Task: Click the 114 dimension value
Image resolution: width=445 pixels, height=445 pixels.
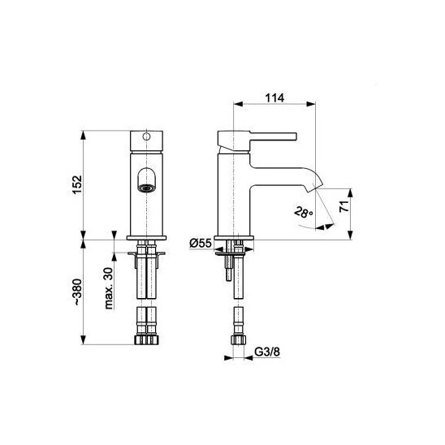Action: click(274, 98)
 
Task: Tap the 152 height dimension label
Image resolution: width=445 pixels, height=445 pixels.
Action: click(77, 185)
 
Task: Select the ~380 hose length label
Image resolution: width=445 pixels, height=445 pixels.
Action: click(77, 292)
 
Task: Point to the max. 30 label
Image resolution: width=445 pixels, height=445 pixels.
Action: click(109, 287)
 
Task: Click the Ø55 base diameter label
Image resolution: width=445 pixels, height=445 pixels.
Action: click(201, 244)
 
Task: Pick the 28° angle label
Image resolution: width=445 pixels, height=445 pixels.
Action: click(304, 213)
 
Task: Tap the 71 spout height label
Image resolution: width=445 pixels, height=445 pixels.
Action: click(344, 206)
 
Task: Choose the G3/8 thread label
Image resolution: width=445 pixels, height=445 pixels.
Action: click(267, 352)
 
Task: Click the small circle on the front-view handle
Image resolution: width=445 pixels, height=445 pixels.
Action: click(146, 136)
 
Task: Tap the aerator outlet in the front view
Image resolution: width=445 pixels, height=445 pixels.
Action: click(146, 188)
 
